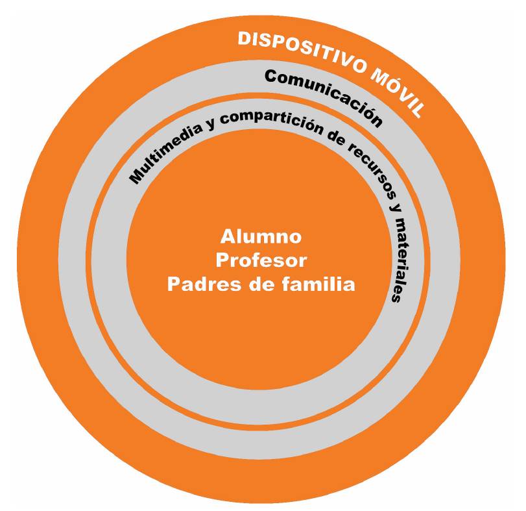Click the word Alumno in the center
[x=261, y=236]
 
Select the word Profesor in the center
[x=261, y=260]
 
